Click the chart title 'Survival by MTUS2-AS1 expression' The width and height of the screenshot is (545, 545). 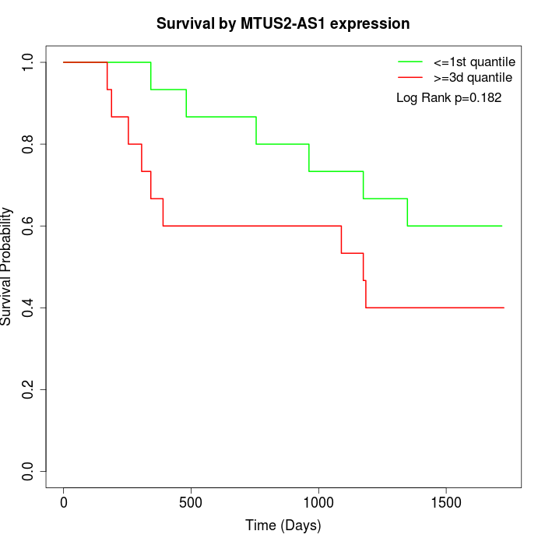point(283,23)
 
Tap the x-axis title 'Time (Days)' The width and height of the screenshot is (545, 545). point(283,526)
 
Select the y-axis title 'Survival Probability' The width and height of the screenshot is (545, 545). point(7,266)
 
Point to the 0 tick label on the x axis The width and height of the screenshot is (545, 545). point(64,502)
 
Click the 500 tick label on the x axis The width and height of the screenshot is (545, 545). point(191,502)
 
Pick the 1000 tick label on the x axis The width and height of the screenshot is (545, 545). point(318,502)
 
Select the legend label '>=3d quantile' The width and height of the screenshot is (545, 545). point(473,77)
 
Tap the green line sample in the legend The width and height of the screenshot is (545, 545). point(410,62)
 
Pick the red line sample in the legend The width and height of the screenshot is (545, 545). point(410,77)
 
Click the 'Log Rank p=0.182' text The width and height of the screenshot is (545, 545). point(448,98)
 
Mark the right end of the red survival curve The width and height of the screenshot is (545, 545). point(504,308)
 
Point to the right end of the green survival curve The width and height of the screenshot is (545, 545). point(501,226)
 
